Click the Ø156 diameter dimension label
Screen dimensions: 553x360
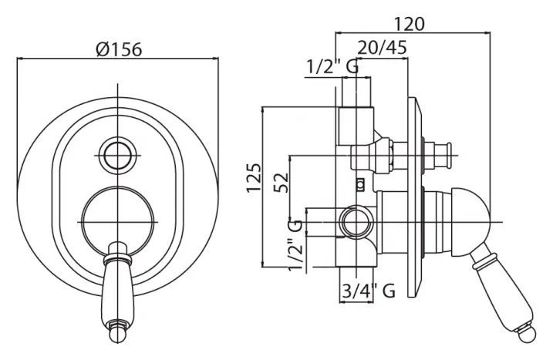[119, 49]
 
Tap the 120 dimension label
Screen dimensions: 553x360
[409, 24]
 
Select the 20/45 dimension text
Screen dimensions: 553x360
[383, 47]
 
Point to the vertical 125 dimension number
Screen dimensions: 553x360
[254, 177]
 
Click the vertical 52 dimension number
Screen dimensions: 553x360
[282, 182]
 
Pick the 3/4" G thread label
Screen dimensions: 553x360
[369, 291]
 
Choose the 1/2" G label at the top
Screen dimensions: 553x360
[332, 66]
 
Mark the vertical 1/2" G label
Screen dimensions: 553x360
[295, 244]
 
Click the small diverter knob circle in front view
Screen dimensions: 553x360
[118, 156]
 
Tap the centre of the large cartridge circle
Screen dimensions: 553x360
[118, 222]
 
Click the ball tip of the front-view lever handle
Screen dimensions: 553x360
[118, 335]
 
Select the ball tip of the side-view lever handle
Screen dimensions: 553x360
[527, 332]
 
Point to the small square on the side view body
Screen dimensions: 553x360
[360, 184]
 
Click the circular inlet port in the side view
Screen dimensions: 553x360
[356, 223]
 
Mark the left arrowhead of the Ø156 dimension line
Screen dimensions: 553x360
[20, 59]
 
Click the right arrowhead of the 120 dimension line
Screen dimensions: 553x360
[487, 33]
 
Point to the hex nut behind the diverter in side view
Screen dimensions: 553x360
[390, 155]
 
